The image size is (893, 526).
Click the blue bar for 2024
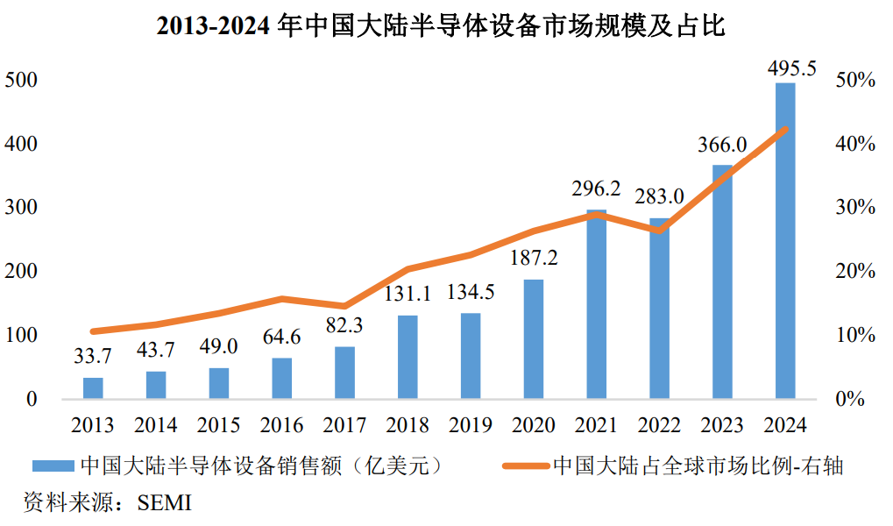(785, 240)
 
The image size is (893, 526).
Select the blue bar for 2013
(93, 388)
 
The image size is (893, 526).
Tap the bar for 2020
(534, 339)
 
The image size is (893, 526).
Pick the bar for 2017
(344, 373)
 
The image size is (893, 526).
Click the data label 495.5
(791, 69)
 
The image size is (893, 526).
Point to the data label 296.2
(596, 188)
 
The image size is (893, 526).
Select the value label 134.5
(471, 292)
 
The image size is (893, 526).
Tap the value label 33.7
(93, 356)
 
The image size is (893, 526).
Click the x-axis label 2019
(471, 425)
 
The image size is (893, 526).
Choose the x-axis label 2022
(660, 425)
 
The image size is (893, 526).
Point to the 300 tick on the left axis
(21, 207)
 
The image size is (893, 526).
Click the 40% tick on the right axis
(855, 144)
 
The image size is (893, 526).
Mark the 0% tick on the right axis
(850, 399)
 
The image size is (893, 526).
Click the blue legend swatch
(53, 466)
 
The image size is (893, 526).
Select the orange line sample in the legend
(526, 466)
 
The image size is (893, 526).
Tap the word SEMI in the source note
(165, 503)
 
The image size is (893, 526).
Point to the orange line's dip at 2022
(660, 231)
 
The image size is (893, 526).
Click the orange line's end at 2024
(786, 130)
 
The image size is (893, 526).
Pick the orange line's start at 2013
(93, 331)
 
